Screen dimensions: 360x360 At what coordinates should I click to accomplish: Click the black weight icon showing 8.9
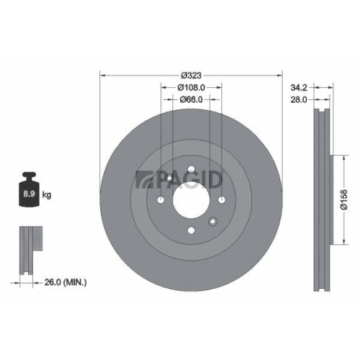tap(30, 191)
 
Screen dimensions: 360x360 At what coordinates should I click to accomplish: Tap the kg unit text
tap(47, 195)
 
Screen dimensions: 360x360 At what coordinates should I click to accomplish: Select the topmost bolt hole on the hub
tap(191, 171)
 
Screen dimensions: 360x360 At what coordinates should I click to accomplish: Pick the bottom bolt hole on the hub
tap(191, 230)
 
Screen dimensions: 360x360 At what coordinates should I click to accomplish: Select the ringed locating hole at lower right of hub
tap(212, 222)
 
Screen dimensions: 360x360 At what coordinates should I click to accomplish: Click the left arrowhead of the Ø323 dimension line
tap(102, 75)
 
